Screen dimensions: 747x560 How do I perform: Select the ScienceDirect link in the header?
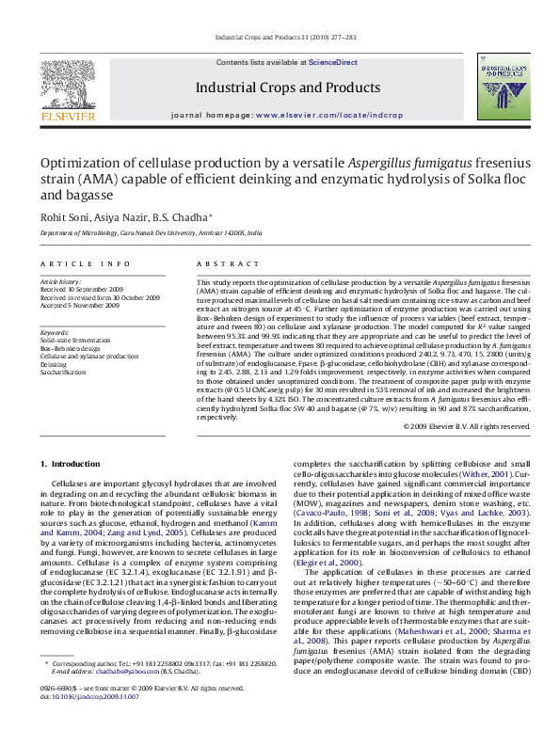[333, 62]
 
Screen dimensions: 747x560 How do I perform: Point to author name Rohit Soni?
[61, 217]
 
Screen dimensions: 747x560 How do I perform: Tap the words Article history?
[60, 281]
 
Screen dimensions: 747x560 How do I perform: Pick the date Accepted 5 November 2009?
[79, 305]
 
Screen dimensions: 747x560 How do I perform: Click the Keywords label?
[55, 332]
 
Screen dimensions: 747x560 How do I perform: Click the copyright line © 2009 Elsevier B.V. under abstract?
[466, 426]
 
